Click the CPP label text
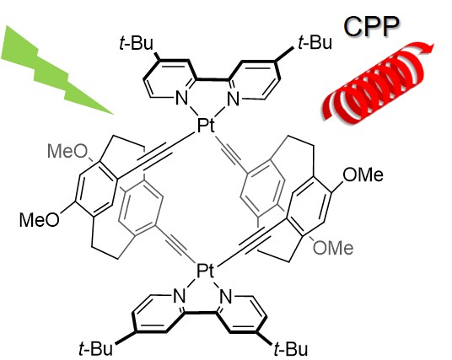371,26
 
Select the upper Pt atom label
206,126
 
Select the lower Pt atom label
206,271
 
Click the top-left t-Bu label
136,44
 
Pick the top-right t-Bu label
315,42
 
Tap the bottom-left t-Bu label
95,349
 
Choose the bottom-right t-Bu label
291,349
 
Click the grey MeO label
67,151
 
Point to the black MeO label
40,220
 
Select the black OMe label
363,175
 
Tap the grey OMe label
333,248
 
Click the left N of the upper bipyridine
181,99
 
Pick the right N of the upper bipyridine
233,99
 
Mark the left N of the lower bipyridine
179,296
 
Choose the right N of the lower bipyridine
226,296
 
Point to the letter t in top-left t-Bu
121,45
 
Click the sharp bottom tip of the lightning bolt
114,115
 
